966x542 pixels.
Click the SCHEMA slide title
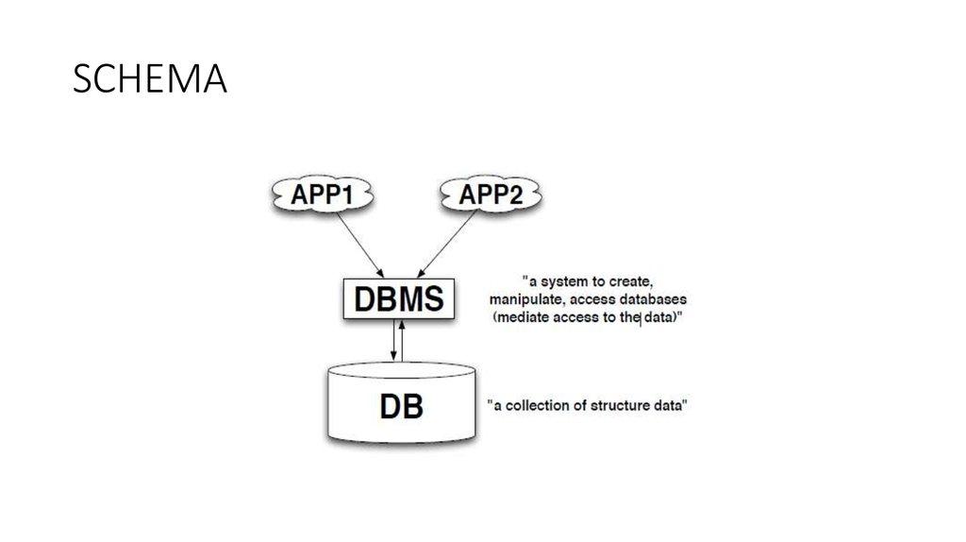(x=150, y=81)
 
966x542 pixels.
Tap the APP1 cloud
(x=323, y=195)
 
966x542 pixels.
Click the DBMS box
(x=399, y=300)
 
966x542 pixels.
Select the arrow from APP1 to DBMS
(x=358, y=241)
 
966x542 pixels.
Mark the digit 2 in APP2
(x=520, y=195)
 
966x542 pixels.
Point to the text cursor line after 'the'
(x=641, y=318)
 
